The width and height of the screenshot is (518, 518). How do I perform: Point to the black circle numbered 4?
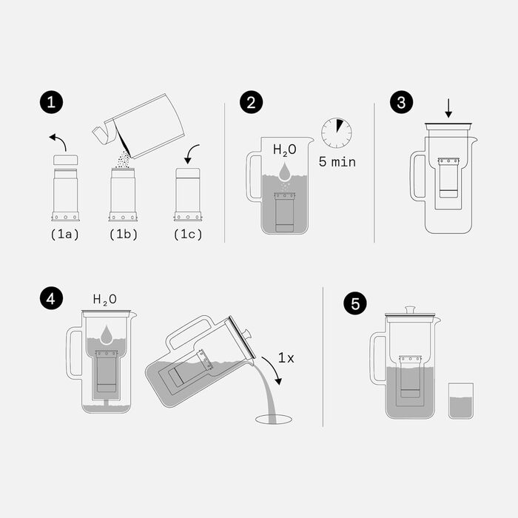(x=50, y=298)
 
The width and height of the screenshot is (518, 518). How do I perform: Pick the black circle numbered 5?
(x=355, y=303)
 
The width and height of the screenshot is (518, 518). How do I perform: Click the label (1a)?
(x=65, y=235)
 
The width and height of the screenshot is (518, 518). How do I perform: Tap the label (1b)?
(x=123, y=235)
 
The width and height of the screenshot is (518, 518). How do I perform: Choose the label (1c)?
(x=187, y=235)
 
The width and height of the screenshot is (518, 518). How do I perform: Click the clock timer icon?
(x=337, y=132)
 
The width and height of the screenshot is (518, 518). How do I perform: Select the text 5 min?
(x=337, y=161)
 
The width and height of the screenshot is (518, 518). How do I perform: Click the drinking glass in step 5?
(x=460, y=401)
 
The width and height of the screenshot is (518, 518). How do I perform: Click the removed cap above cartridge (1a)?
(x=65, y=160)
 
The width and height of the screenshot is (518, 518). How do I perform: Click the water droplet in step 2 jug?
(x=285, y=172)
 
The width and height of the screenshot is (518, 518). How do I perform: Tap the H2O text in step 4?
(x=104, y=300)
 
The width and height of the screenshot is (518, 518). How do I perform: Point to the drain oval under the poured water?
(x=274, y=420)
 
